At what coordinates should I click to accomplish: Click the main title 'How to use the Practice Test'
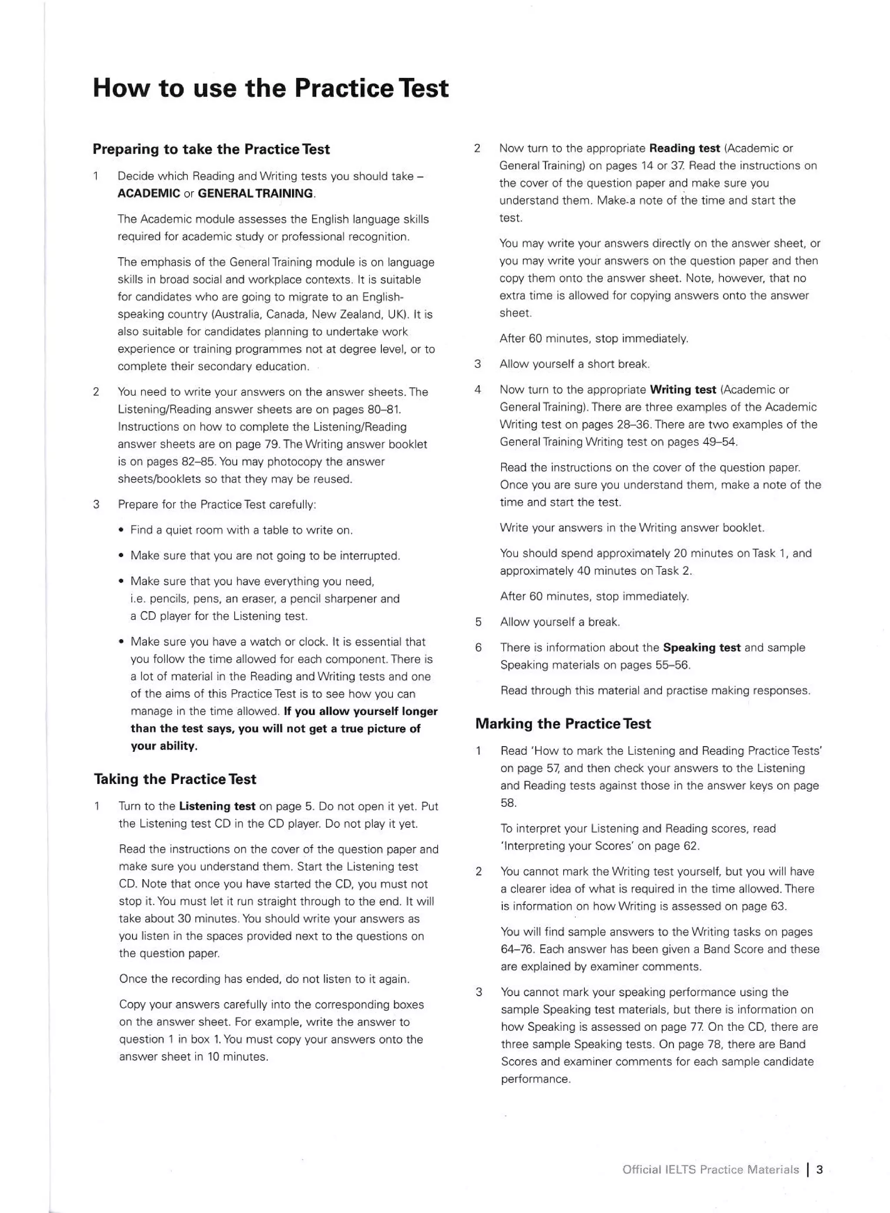pyautogui.click(x=270, y=88)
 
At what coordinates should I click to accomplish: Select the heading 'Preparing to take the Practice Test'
pyautogui.click(x=211, y=149)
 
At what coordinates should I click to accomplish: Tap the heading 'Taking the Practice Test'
pyautogui.click(x=175, y=779)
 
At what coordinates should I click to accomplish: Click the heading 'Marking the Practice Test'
pyautogui.click(x=563, y=724)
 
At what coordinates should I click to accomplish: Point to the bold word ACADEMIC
pyautogui.click(x=149, y=193)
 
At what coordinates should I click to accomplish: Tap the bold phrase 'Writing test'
pyautogui.click(x=683, y=390)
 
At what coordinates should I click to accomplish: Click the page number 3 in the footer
pyautogui.click(x=820, y=1170)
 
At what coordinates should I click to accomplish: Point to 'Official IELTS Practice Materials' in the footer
pyautogui.click(x=711, y=1170)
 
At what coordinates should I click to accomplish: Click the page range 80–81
pyautogui.click(x=382, y=410)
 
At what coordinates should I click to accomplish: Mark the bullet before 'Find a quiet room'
pyautogui.click(x=122, y=530)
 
